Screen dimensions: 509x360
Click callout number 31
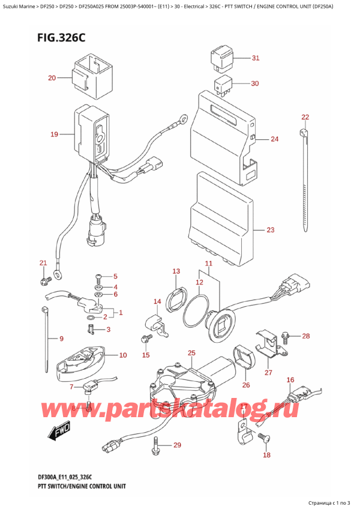[255, 58]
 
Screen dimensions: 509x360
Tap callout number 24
[274, 139]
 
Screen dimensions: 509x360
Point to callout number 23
[270, 230]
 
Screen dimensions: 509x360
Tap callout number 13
[176, 271]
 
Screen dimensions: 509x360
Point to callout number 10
[123, 355]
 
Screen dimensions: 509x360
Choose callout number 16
[290, 380]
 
